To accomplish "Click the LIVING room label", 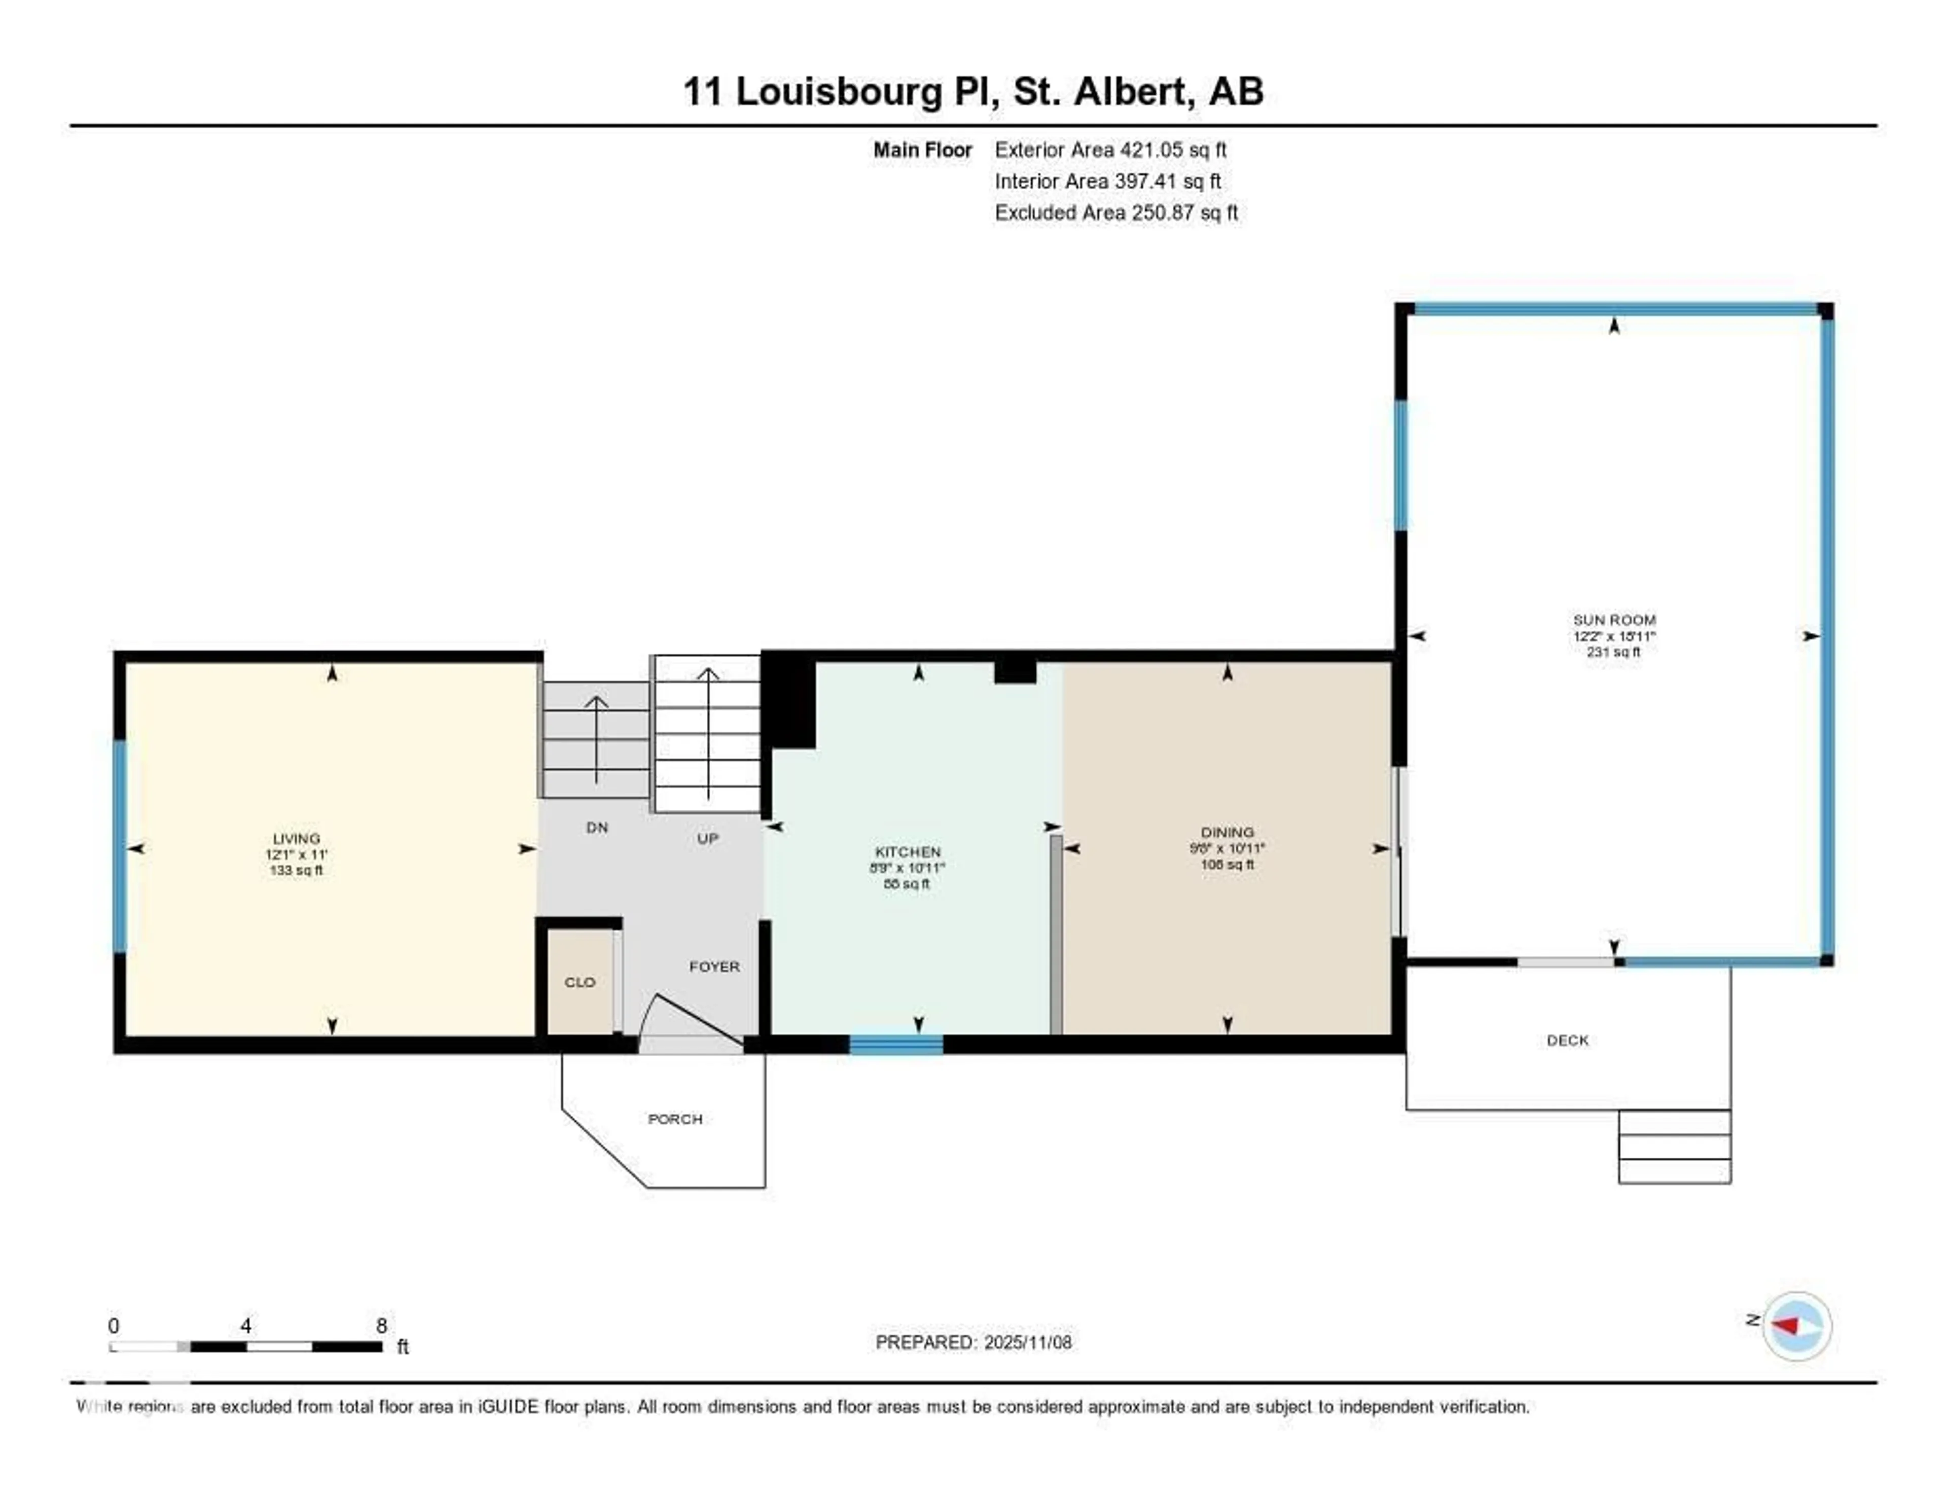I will pyautogui.click(x=296, y=839).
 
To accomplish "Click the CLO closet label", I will pyautogui.click(x=580, y=982).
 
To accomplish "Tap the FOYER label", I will pyautogui.click(x=714, y=966).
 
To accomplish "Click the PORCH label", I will pyautogui.click(x=675, y=1119).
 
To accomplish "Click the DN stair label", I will pyautogui.click(x=596, y=828).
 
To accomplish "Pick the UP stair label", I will pyautogui.click(x=707, y=839).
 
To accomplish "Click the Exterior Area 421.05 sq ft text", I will pyautogui.click(x=1110, y=150).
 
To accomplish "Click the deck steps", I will pyautogui.click(x=1674, y=1147).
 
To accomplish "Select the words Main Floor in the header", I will pyautogui.click(x=922, y=150).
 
